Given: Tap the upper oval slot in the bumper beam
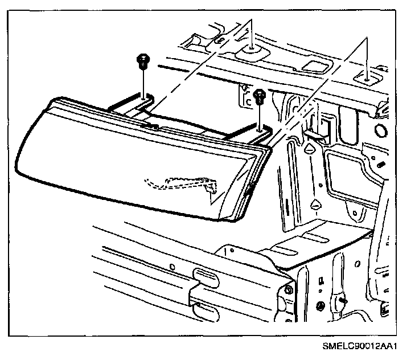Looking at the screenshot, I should point(205,273).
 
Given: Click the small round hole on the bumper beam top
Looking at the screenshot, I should point(171,267).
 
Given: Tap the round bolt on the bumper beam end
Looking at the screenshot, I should point(289,291).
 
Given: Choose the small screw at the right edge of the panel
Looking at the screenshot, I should point(378,165).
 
